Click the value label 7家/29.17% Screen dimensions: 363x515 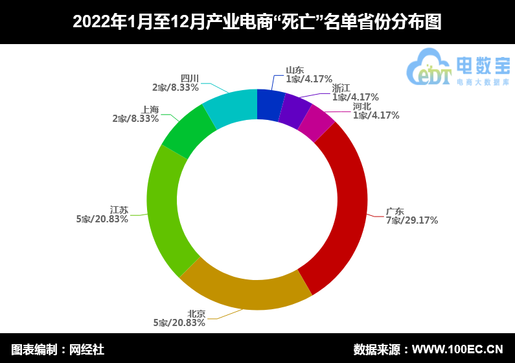tap(412, 220)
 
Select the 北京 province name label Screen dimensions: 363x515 tap(196, 314)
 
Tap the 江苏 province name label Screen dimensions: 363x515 tap(119, 210)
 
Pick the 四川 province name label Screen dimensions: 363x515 tap(189, 78)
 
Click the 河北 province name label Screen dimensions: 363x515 tap(362, 106)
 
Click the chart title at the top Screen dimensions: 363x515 tap(257, 22)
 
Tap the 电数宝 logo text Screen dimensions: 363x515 tap(483, 65)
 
